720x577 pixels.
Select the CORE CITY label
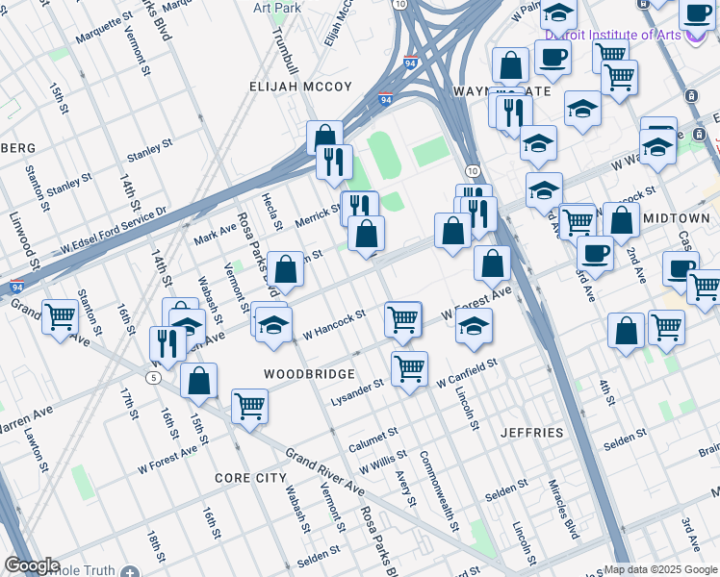pyautogui.click(x=250, y=478)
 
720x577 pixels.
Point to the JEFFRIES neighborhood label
pyautogui.click(x=532, y=433)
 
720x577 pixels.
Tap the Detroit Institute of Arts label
pyautogui.click(x=612, y=35)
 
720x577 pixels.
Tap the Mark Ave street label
pyautogui.click(x=215, y=233)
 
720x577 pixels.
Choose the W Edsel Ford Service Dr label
pyautogui.click(x=113, y=233)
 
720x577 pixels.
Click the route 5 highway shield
pyautogui.click(x=154, y=377)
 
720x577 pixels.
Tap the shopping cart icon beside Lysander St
pyautogui.click(x=410, y=368)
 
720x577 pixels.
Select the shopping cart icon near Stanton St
pyautogui.click(x=61, y=315)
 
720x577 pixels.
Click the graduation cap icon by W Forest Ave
pyautogui.click(x=474, y=325)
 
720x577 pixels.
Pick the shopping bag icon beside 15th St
pyautogui.click(x=198, y=380)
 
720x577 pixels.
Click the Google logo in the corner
pyautogui.click(x=32, y=565)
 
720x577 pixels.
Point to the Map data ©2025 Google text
pyautogui.click(x=660, y=569)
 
